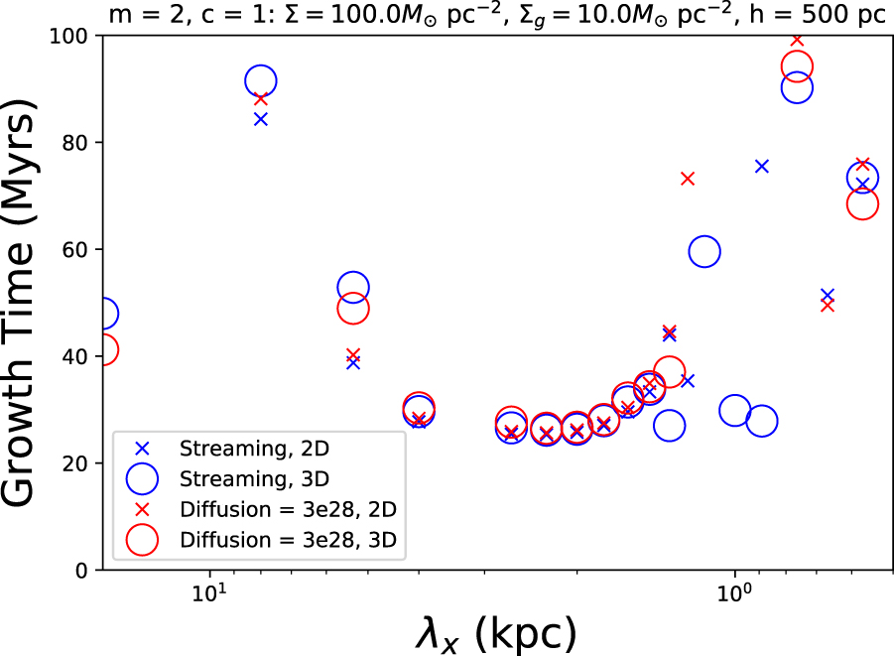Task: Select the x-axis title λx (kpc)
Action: [x=495, y=631]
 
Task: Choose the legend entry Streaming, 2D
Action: [x=253, y=448]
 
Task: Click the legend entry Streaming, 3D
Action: [x=253, y=478]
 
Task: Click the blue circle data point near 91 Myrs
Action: [x=260, y=81]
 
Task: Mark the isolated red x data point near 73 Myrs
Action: [x=688, y=179]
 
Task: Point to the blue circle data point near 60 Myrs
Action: [x=704, y=252]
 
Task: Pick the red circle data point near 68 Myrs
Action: [x=862, y=203]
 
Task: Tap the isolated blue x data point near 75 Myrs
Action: [x=762, y=166]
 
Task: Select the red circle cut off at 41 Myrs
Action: [x=104, y=349]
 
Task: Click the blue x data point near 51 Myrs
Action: [x=828, y=296]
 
